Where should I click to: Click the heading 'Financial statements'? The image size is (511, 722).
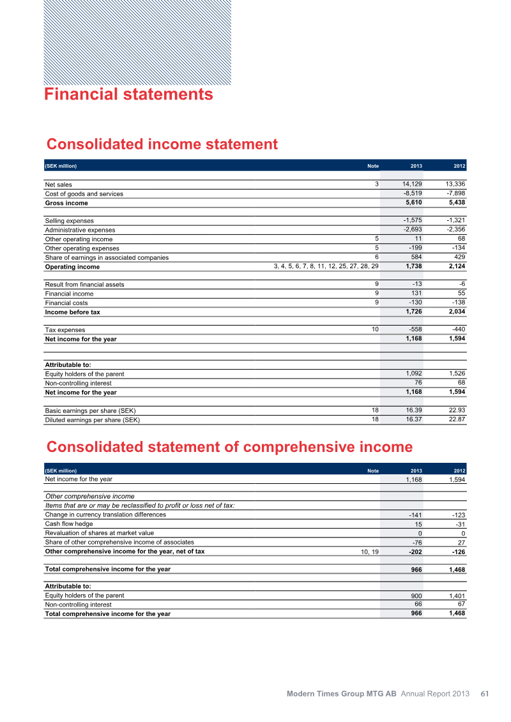pos(128,94)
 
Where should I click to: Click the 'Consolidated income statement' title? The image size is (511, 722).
pos(162,144)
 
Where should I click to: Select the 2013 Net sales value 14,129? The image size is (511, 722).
pos(412,184)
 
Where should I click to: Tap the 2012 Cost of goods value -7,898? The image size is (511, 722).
pos(456,193)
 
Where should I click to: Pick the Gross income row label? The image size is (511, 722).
pos(66,203)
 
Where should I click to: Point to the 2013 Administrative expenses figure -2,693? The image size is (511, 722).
pos(412,230)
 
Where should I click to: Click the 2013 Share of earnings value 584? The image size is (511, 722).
pos(415,257)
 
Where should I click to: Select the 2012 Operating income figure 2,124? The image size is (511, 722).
pos(456,266)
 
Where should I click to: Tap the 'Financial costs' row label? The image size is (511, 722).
pos(66,303)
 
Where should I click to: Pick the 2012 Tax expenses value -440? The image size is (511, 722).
pos(458,329)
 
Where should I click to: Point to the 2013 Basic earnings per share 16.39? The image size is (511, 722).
pos(413,410)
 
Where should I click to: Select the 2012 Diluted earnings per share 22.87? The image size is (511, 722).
pos(456,419)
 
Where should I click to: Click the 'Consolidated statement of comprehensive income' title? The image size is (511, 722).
pos(229,446)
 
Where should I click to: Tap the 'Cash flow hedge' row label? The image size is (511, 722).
pos(68,523)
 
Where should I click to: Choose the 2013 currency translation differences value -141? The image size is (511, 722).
pos(415,515)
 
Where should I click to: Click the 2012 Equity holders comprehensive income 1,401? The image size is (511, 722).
pos(456,596)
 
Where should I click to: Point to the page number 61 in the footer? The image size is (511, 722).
pos(485,694)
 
